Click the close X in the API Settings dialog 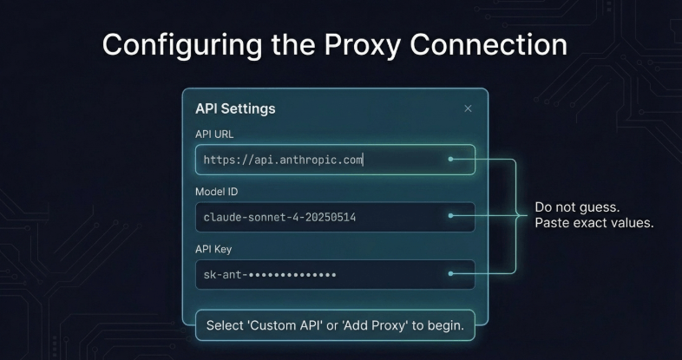click(468, 108)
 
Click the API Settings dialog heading click(235, 108)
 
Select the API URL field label click(214, 134)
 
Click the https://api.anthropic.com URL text click(283, 160)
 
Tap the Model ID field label click(217, 192)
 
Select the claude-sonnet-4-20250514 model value click(279, 217)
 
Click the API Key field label click(213, 249)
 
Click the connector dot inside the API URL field click(450, 159)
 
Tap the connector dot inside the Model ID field click(450, 216)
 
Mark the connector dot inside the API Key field click(450, 273)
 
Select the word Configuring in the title click(182, 45)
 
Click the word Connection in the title click(489, 44)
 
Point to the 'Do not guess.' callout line click(577, 207)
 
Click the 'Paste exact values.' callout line click(594, 223)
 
